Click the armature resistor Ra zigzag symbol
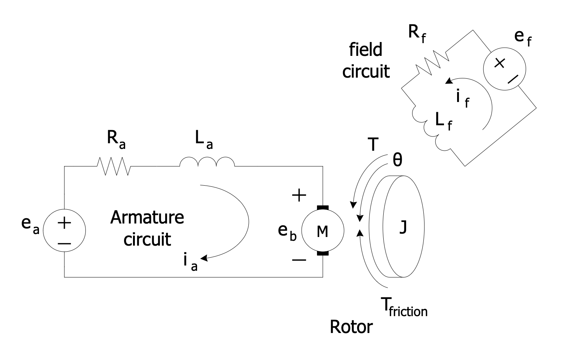click(x=114, y=166)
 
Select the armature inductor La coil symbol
click(x=207, y=162)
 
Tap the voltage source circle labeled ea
click(x=64, y=230)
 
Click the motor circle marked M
click(x=323, y=231)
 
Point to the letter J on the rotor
click(x=403, y=227)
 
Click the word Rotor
click(x=351, y=327)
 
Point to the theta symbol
click(x=397, y=160)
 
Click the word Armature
click(x=147, y=217)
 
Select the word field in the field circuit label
click(x=366, y=49)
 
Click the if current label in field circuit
click(x=462, y=98)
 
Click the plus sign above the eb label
click(x=299, y=195)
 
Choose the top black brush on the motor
click(x=323, y=207)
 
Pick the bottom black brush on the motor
click(x=323, y=253)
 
